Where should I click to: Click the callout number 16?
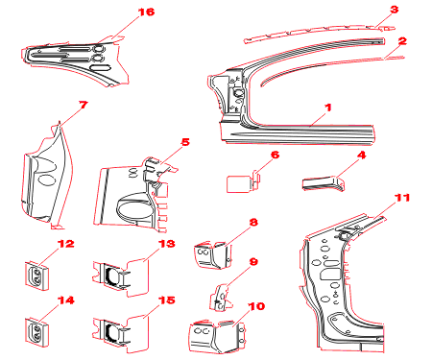tap(146, 12)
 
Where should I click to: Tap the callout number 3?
tap(395, 10)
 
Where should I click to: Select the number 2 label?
tap(402, 41)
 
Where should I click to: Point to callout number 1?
tap(328, 108)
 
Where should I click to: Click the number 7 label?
tap(83, 105)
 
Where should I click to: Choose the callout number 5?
tap(185, 142)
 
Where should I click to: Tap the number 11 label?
tap(402, 198)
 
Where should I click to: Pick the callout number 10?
tap(256, 306)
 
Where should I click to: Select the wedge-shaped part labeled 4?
tap(324, 183)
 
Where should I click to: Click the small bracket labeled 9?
tap(222, 298)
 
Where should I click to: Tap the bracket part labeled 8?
tap(213, 255)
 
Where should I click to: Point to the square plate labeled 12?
tap(37, 276)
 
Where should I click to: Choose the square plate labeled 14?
tap(37, 332)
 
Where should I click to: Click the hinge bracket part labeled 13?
tap(121, 276)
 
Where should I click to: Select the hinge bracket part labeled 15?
tap(121, 333)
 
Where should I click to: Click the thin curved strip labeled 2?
tap(320, 62)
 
